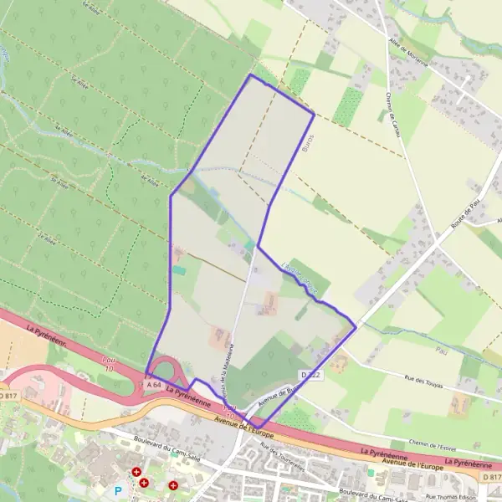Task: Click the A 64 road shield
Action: [152, 384]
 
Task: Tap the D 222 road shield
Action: [310, 375]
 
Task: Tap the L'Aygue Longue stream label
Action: [301, 280]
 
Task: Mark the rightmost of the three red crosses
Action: [173, 484]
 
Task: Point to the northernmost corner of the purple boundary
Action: [250, 74]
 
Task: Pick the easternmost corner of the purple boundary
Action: [356, 327]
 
